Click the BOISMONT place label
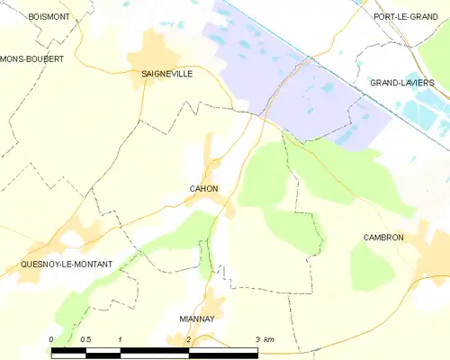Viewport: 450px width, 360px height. pyautogui.click(x=49, y=16)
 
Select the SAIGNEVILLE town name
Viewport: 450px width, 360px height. pyautogui.click(x=166, y=76)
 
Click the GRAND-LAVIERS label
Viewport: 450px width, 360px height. pyautogui.click(x=402, y=83)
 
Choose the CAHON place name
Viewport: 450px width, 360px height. pyautogui.click(x=202, y=188)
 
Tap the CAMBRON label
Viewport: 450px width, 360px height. pyautogui.click(x=383, y=238)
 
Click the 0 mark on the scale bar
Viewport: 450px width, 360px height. pyautogui.click(x=52, y=338)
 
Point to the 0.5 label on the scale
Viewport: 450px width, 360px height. pyautogui.click(x=85, y=338)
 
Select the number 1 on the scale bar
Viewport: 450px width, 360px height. pyautogui.click(x=121, y=338)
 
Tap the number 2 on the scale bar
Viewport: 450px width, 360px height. pyautogui.click(x=189, y=338)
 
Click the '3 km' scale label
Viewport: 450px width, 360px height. pyautogui.click(x=264, y=338)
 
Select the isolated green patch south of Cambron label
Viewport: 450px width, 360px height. pyautogui.click(x=371, y=267)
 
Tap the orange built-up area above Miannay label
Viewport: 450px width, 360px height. pyautogui.click(x=213, y=301)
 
